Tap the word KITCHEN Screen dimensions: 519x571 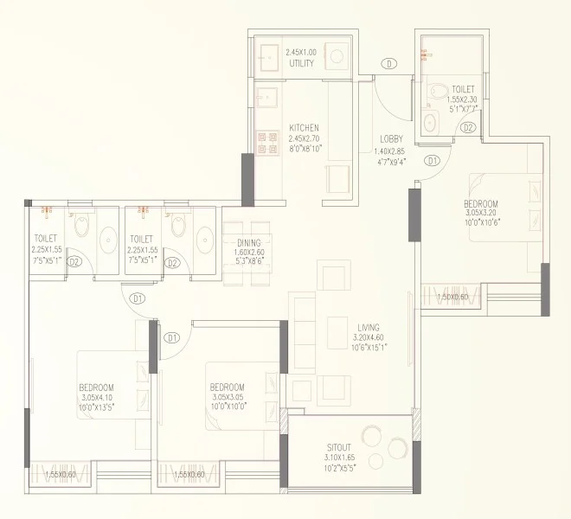point(304,128)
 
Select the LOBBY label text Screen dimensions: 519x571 point(391,140)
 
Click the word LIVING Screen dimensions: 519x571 point(368,327)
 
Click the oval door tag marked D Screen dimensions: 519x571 point(391,63)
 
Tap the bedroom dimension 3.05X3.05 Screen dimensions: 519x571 point(226,397)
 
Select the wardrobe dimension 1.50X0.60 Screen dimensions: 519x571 point(452,298)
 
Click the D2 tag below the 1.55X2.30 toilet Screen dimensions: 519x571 point(468,128)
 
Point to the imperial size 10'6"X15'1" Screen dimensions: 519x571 point(368,348)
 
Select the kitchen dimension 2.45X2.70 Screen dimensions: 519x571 point(304,138)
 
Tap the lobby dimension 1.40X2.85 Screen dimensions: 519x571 point(391,150)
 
